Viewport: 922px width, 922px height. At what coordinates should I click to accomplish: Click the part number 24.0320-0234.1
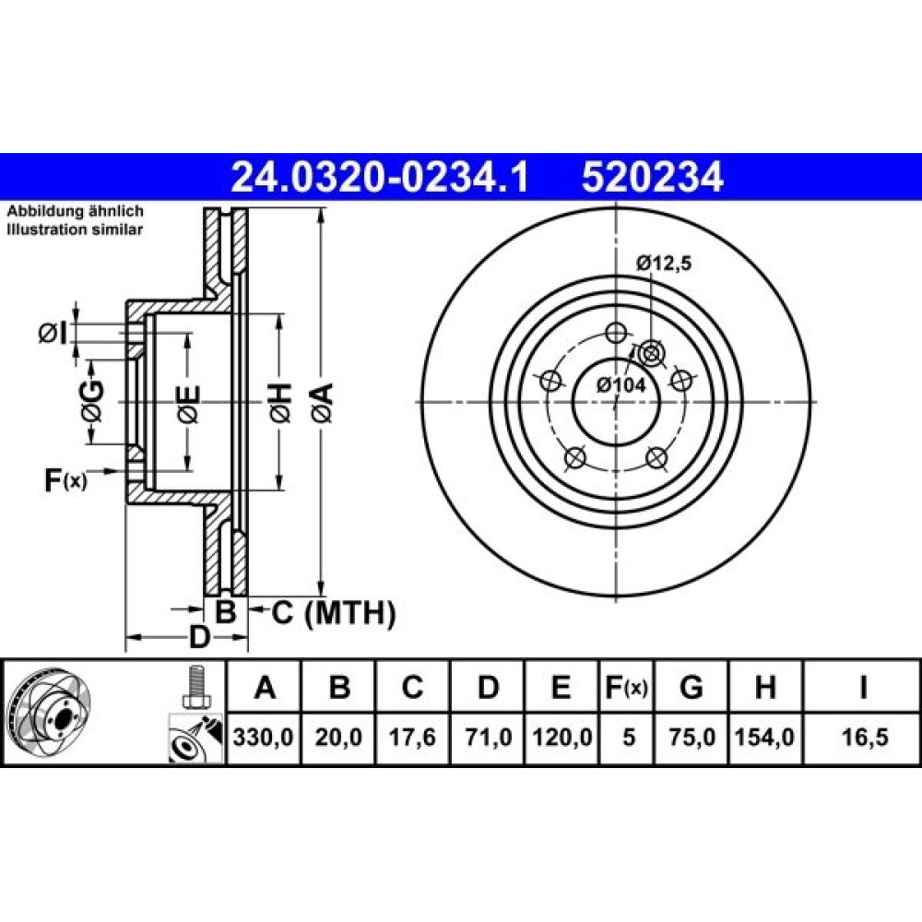click(380, 178)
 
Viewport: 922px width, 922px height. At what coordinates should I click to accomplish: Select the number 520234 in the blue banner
click(652, 178)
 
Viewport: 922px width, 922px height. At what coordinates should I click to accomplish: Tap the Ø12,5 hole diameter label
click(663, 263)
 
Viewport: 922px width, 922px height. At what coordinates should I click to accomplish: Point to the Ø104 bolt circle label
click(621, 385)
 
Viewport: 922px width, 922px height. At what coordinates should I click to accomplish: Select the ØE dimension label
click(188, 405)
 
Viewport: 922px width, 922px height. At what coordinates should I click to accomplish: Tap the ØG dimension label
click(92, 400)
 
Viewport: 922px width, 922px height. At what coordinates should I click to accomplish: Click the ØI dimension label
click(53, 334)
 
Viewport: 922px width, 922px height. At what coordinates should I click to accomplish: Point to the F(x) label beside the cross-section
click(65, 479)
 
